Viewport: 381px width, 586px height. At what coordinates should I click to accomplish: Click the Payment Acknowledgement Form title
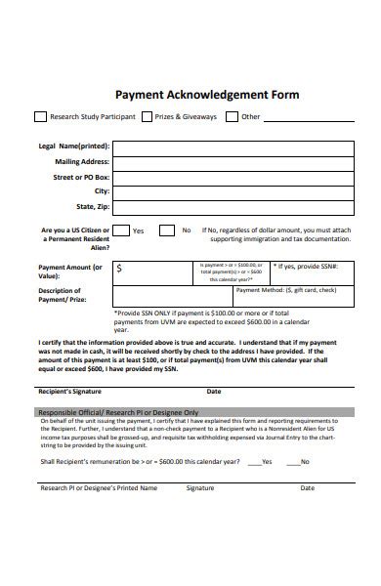pyautogui.click(x=207, y=95)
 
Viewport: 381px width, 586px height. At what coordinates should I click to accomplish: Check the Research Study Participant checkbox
pyautogui.click(x=40, y=117)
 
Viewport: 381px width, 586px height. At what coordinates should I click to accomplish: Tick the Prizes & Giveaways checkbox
pyautogui.click(x=147, y=117)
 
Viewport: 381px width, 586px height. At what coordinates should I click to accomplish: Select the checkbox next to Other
pyautogui.click(x=232, y=117)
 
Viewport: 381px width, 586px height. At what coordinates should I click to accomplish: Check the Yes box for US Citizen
pyautogui.click(x=120, y=231)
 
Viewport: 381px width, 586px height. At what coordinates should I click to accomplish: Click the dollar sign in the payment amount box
pyautogui.click(x=119, y=267)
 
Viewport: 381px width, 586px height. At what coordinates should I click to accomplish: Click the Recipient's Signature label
pyautogui.click(x=69, y=391)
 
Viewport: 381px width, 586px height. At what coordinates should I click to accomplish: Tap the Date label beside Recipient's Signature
pyautogui.click(x=213, y=391)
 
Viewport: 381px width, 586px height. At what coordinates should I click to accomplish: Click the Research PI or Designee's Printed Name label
pyautogui.click(x=98, y=487)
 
